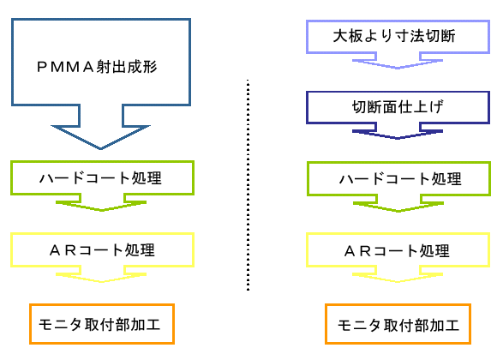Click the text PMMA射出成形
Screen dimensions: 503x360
(x=97, y=67)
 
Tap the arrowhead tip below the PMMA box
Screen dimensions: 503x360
(x=100, y=149)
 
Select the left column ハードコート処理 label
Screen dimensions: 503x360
(x=100, y=177)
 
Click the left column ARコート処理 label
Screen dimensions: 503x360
(x=102, y=250)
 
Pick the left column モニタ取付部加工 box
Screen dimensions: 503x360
(x=102, y=324)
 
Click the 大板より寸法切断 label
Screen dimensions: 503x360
(x=394, y=36)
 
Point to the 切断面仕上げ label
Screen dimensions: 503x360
(x=398, y=107)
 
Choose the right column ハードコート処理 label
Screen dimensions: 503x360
(x=400, y=178)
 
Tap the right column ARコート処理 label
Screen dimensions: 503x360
(x=397, y=250)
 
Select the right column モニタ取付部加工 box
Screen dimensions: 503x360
(x=398, y=324)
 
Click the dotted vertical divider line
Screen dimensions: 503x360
(x=248, y=185)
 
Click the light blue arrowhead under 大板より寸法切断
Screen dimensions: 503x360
(x=398, y=63)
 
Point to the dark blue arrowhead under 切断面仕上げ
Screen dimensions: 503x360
(x=398, y=135)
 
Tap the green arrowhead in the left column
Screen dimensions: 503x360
(x=101, y=206)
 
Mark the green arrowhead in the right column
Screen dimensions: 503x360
(x=398, y=207)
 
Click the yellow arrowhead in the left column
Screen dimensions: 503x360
(x=101, y=278)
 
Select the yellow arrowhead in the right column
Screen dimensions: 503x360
(x=398, y=278)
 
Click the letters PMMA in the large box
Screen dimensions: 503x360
(x=65, y=67)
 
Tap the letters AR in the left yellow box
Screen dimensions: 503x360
(x=63, y=250)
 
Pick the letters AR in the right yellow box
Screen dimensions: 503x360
(x=357, y=251)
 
